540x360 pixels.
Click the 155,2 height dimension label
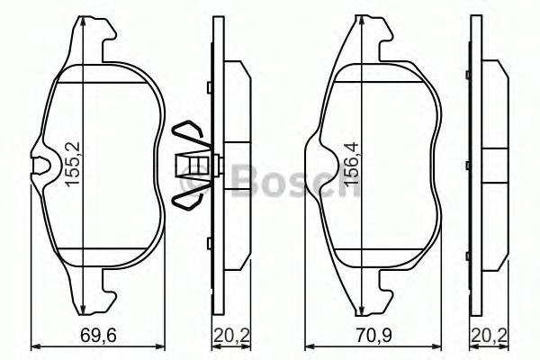tap(73, 164)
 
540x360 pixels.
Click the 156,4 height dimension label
tap(351, 165)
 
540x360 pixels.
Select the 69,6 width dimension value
tap(98, 335)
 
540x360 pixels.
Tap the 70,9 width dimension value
tap(374, 335)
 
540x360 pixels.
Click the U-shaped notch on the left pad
tap(41, 165)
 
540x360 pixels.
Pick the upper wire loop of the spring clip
tap(189, 135)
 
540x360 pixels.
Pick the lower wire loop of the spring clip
tap(189, 197)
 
